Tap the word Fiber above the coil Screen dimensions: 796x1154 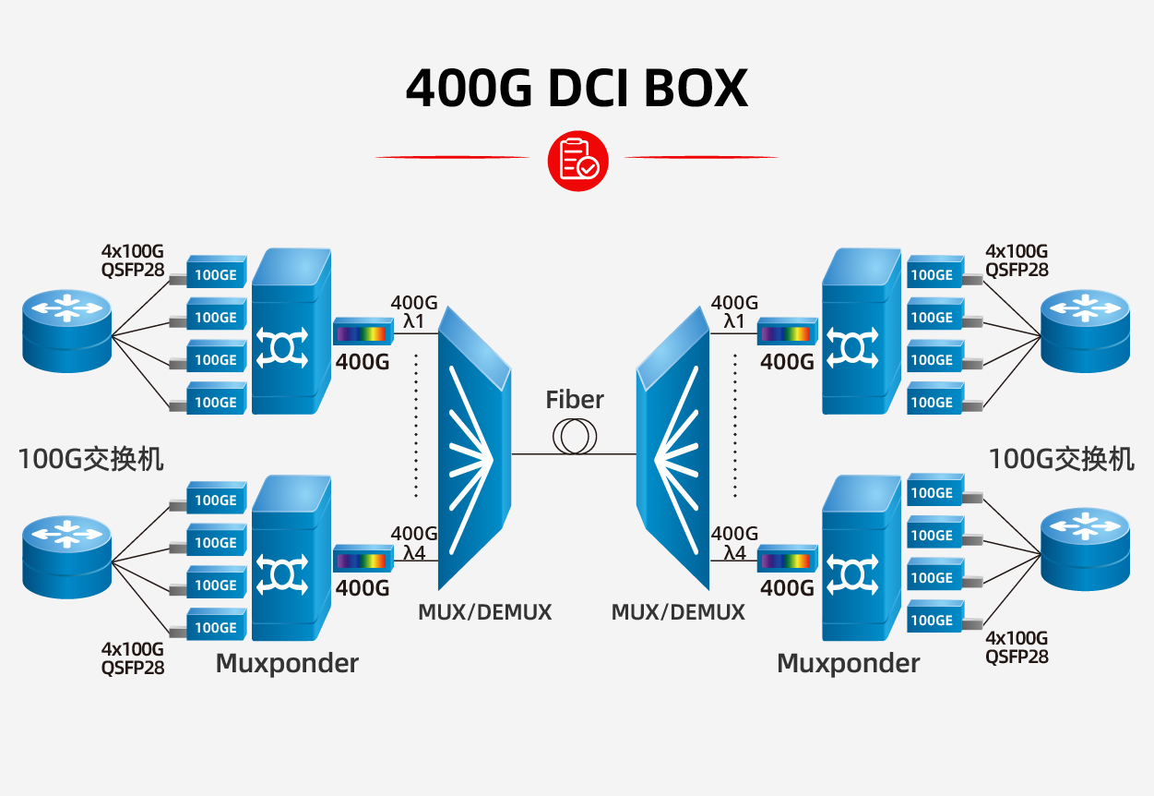pyautogui.click(x=574, y=400)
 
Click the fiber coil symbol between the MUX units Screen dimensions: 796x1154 pyautogui.click(x=574, y=437)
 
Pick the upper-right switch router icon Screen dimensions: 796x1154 pyautogui.click(x=1085, y=330)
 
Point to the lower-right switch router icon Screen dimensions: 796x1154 pyautogui.click(x=1085, y=550)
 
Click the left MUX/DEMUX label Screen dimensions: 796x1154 pyautogui.click(x=484, y=612)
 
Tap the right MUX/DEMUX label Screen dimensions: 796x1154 pyautogui.click(x=678, y=612)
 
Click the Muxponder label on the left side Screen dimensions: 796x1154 pyautogui.click(x=287, y=663)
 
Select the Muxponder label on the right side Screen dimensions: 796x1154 pyautogui.click(x=848, y=663)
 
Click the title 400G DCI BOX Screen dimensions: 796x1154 pyautogui.click(x=577, y=89)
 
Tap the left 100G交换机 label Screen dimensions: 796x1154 pyautogui.click(x=90, y=458)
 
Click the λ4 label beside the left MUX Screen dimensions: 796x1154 pyautogui.click(x=413, y=552)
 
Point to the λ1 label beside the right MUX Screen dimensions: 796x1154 pyautogui.click(x=734, y=321)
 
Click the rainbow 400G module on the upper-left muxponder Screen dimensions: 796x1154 pyautogui.click(x=362, y=332)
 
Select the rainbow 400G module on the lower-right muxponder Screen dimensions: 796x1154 pyautogui.click(x=787, y=560)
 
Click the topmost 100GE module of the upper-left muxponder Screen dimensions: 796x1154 pyautogui.click(x=217, y=274)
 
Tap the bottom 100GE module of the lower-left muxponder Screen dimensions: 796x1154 pyautogui.click(x=217, y=627)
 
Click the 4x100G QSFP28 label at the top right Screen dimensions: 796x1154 pyautogui.click(x=1017, y=260)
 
